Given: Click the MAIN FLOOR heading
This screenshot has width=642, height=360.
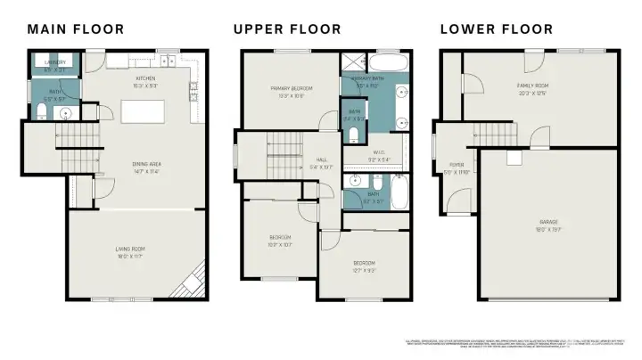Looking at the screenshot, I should coord(76,29).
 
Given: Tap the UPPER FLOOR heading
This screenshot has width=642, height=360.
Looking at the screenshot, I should coord(287,29).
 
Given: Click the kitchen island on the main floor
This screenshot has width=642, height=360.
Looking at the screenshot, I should coord(146,110).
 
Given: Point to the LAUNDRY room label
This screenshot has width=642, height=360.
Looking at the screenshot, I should coord(55,63).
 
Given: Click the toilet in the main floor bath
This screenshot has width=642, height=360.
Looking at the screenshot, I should coord(42,111).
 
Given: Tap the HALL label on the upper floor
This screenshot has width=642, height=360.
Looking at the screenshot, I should coord(320,160).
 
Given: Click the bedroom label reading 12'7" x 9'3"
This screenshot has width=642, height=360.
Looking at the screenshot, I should coord(364,265).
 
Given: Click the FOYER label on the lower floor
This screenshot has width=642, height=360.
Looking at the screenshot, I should coord(457,167).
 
